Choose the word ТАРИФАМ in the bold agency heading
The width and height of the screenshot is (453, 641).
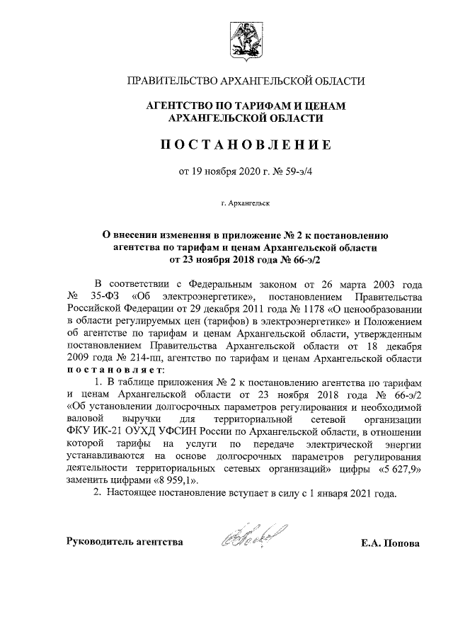point(252,106)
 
